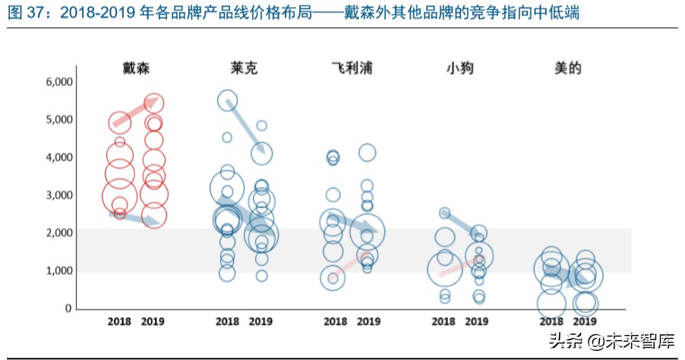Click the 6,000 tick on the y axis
(x=58, y=82)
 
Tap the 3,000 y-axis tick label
(x=58, y=195)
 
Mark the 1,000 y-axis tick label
(x=58, y=271)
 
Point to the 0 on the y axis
(x=68, y=308)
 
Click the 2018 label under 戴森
(x=119, y=321)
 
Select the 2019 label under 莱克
(x=260, y=321)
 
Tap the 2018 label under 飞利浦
(x=334, y=321)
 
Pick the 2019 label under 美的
(x=585, y=321)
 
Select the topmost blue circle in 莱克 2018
(x=228, y=99)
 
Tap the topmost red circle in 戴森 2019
(x=154, y=103)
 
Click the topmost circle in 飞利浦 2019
(x=368, y=153)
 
